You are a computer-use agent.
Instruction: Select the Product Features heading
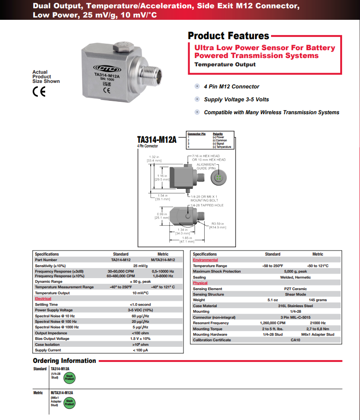pos(229,36)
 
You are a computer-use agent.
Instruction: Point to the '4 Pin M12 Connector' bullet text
pos(231,87)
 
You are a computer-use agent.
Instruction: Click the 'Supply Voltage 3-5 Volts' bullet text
pos(236,99)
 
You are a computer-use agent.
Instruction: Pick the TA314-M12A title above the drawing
pos(157,140)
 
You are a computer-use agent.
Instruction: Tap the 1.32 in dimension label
pos(154,157)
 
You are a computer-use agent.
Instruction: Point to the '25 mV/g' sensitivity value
pos(141,266)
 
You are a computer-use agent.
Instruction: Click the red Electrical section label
pos(43,298)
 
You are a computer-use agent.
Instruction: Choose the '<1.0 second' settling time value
pos(141,304)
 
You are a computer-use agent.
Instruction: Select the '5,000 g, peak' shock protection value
pos(295,271)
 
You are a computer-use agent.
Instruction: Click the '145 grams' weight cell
pos(318,300)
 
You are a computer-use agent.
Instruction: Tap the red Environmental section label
pos(206,260)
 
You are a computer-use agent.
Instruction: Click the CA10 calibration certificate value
pos(295,340)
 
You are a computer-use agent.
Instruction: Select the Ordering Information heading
pos(65,361)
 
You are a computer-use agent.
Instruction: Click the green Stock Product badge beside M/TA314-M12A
pos(69,402)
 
